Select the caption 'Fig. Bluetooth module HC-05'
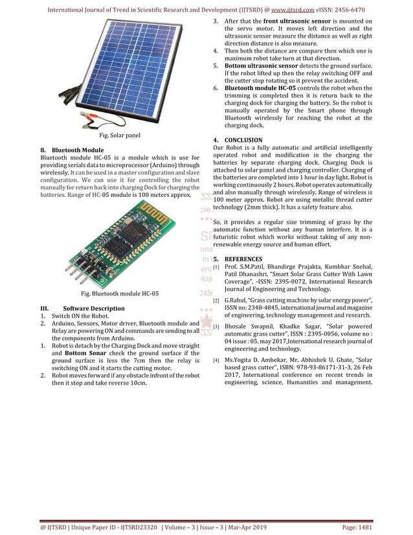120,293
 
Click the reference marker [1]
216,266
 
